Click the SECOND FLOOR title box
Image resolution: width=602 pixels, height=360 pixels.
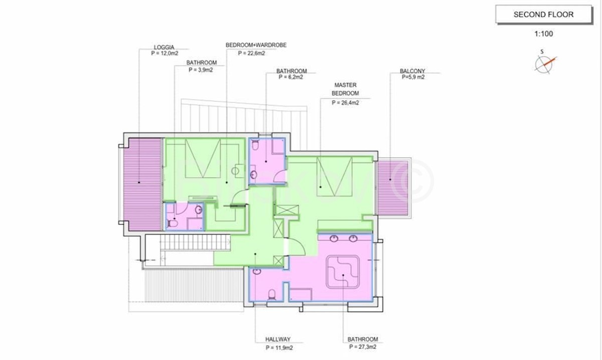click(x=544, y=15)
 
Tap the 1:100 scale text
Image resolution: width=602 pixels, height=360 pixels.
click(x=543, y=34)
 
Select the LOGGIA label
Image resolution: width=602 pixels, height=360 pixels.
click(x=164, y=47)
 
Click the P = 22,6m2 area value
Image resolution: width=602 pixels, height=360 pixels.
click(x=251, y=53)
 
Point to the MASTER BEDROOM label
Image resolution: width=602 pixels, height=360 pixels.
click(x=345, y=89)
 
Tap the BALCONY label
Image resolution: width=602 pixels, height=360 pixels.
click(x=412, y=71)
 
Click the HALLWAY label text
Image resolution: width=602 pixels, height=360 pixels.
click(x=278, y=339)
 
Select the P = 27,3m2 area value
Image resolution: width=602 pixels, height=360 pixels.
click(x=363, y=347)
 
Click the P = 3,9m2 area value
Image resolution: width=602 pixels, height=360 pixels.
click(x=201, y=70)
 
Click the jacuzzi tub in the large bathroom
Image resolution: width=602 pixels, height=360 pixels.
click(x=343, y=272)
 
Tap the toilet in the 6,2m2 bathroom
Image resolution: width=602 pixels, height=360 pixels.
click(x=255, y=145)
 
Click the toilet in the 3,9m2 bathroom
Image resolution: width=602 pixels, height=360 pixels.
click(x=172, y=223)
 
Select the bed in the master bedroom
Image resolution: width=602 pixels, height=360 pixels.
click(x=334, y=176)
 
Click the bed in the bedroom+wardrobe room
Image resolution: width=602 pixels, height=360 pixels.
click(x=203, y=158)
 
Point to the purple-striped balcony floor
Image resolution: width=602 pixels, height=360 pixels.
click(x=393, y=189)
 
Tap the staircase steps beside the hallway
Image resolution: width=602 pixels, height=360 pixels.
click(x=195, y=242)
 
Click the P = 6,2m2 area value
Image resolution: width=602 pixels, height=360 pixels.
click(x=291, y=77)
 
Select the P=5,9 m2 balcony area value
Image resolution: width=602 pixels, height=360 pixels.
click(x=413, y=77)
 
